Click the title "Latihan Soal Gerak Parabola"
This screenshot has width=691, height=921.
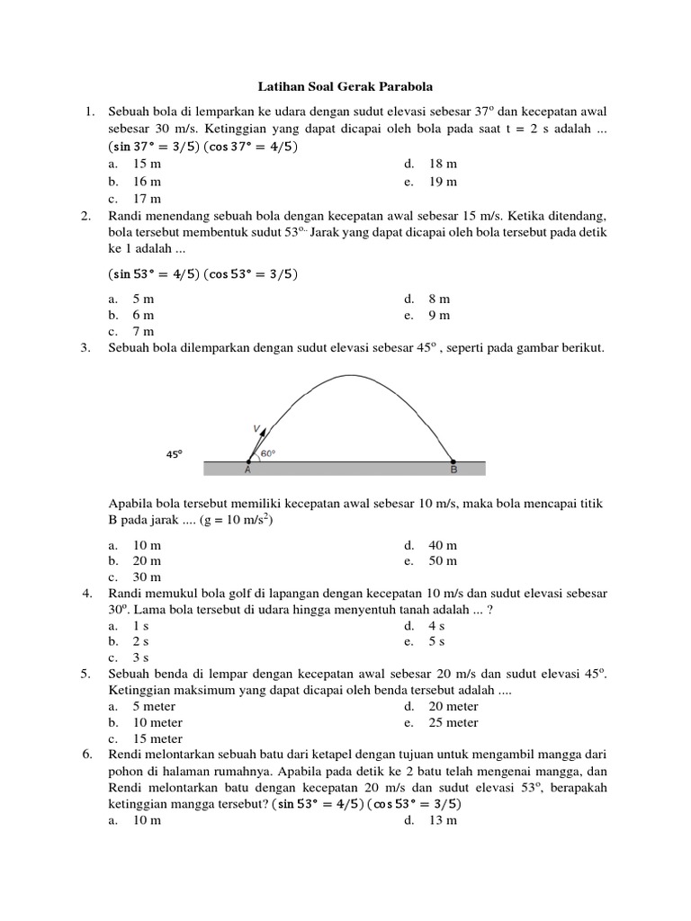pos(345,86)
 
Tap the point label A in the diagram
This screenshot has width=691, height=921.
pos(247,469)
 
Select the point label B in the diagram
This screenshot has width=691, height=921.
pos(453,469)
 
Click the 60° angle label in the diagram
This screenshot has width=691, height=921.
pos(267,454)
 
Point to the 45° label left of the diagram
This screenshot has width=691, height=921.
pos(174,454)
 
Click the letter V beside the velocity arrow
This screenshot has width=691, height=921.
pos(256,428)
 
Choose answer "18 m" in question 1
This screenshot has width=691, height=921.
pos(443,164)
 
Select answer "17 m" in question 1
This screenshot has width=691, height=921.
pos(147,198)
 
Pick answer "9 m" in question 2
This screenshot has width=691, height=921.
pos(439,315)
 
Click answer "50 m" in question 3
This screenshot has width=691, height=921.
pos(443,560)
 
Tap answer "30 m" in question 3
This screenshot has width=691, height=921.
pos(147,577)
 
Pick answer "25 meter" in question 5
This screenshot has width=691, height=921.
pos(453,722)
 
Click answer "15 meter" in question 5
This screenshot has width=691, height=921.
pos(157,739)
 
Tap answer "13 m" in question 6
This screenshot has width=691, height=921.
pos(443,820)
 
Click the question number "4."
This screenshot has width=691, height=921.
pos(87,594)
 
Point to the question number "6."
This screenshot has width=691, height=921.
pos(87,755)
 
